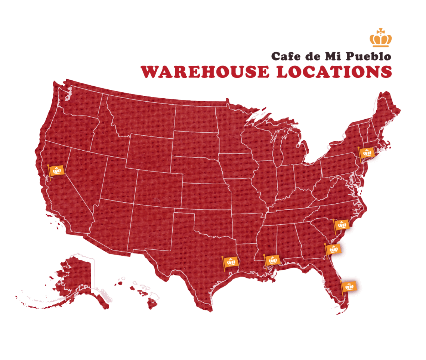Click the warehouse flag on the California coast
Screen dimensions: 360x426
pyautogui.click(x=57, y=171)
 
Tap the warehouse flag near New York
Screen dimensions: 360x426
pyautogui.click(x=367, y=153)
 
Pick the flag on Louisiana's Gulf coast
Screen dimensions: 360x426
pyautogui.click(x=273, y=260)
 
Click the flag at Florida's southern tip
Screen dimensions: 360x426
pyautogui.click(x=349, y=287)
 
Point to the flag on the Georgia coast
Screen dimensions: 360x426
pyautogui.click(x=333, y=249)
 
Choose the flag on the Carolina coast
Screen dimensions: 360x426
pyautogui.click(x=342, y=225)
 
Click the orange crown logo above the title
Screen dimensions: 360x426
pyautogui.click(x=381, y=39)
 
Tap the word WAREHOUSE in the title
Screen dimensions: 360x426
pyautogui.click(x=204, y=72)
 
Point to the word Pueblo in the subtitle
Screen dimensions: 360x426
pyautogui.click(x=368, y=57)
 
